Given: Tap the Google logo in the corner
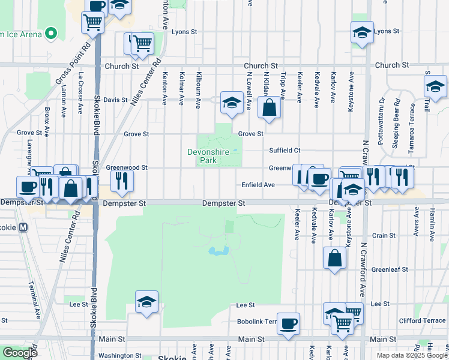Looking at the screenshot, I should click(20, 353).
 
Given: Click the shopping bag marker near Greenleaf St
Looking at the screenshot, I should click(334, 258).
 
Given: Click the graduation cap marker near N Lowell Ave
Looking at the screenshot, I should click(231, 102).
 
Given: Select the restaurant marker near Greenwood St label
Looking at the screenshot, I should click(122, 179).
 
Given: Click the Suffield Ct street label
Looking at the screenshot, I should click(285, 150).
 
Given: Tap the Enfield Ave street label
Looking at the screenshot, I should click(258, 185).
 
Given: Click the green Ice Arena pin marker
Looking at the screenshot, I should click(51, 34).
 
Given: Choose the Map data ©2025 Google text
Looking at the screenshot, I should click(411, 355).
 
